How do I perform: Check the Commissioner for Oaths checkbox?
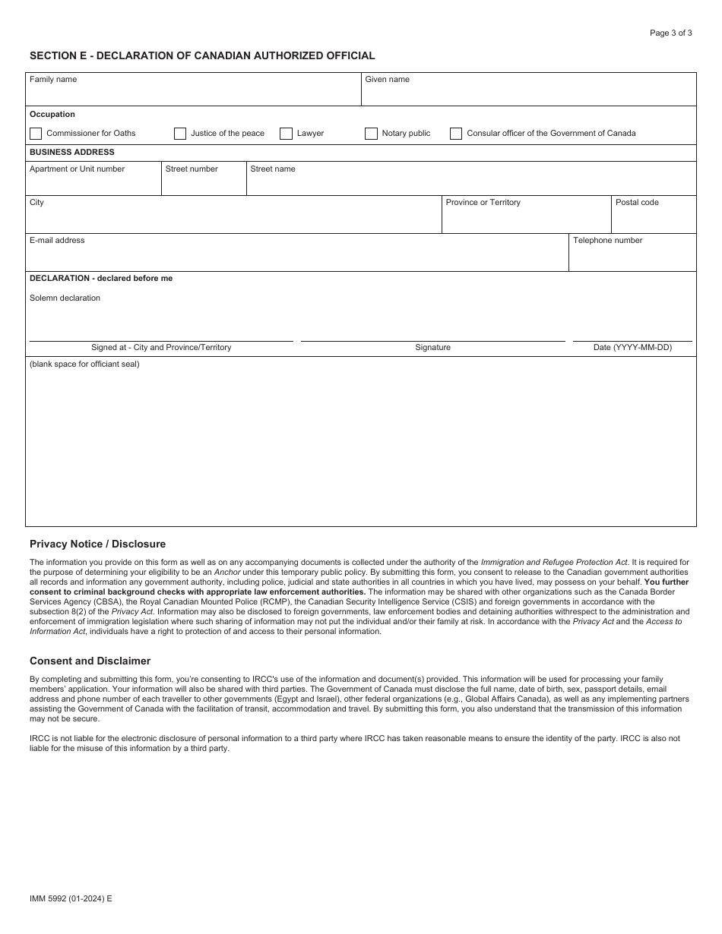pos(36,134)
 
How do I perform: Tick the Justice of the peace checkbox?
pos(180,134)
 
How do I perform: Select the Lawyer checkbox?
pos(286,134)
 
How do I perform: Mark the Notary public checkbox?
pos(371,134)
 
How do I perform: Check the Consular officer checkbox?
pos(456,134)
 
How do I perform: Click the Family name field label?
pos(53,80)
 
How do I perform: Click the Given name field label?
pos(387,80)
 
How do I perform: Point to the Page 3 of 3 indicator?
pos(670,33)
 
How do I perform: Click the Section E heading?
pos(202,55)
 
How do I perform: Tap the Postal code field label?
pos(637,203)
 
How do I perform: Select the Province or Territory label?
pos(483,203)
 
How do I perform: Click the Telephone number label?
pos(607,241)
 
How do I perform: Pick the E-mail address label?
pos(57,241)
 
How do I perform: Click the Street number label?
pos(192,169)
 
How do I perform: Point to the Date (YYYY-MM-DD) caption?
pos(632,348)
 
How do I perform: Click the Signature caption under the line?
pos(432,348)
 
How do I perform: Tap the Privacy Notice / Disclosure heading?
pos(97,544)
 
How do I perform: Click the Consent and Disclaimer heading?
pos(90,661)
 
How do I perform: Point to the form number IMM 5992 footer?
pos(71,898)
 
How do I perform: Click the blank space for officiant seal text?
pos(84,364)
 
